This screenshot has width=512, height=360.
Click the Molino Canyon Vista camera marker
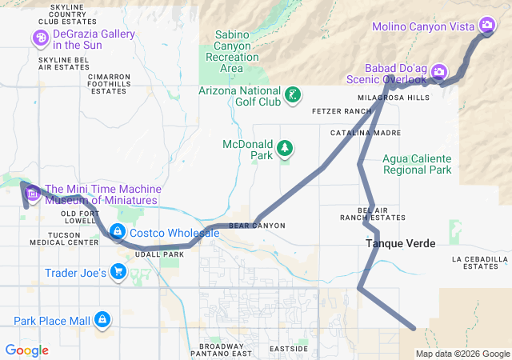[x=486, y=26]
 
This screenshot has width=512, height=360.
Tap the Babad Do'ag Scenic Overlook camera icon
[x=438, y=73]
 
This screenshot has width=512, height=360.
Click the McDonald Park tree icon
[x=284, y=148]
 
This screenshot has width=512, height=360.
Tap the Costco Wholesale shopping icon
[x=118, y=232]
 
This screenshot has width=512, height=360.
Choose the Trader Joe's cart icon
[x=118, y=272]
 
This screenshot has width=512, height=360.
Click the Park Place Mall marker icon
[x=102, y=320]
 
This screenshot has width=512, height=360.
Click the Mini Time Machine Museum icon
[x=33, y=193]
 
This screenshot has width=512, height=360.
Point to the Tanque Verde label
[x=401, y=243]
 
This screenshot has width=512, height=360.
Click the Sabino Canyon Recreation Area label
[x=232, y=51]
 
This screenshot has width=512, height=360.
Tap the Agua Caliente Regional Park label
[x=417, y=163]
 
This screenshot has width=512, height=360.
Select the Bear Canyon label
[x=257, y=226]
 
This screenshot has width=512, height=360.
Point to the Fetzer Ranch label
[x=342, y=110]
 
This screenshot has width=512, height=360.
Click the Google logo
[x=26, y=350]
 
